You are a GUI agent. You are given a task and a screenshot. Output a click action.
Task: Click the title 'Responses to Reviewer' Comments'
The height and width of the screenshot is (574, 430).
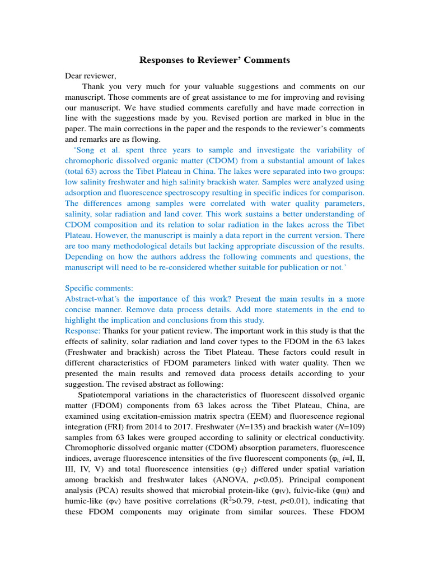tap(214, 60)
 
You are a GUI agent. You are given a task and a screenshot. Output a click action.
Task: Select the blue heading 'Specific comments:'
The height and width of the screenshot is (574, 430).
tap(99, 288)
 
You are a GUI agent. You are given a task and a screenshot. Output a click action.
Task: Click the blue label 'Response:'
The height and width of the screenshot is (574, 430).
tap(82, 331)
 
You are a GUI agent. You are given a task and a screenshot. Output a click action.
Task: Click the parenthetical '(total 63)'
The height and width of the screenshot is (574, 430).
tap(84, 172)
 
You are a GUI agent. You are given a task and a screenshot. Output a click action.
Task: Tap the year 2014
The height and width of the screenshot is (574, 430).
tap(158, 427)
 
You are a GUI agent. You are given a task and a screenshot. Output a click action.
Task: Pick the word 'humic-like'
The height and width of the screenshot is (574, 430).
tap(84, 501)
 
